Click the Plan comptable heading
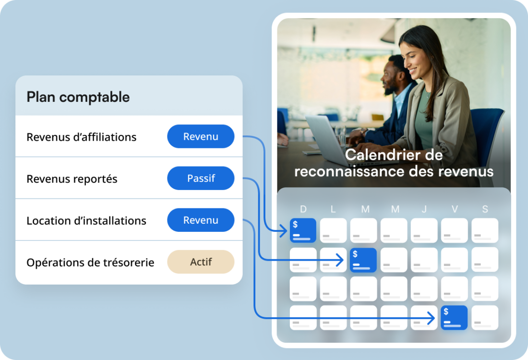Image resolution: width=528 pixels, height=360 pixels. point(78,97)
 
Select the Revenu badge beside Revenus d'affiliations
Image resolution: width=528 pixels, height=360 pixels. point(201,137)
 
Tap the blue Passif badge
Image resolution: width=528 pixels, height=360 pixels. point(201,179)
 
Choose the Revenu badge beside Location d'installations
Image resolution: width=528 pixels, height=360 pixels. point(201,220)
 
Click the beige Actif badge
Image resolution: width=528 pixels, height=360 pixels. point(201,262)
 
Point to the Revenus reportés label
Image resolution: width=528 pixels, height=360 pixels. point(72,179)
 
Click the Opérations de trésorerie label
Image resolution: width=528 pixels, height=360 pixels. point(90,263)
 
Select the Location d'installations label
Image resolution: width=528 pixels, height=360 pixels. point(86,221)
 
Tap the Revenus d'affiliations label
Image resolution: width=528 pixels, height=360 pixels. point(82,137)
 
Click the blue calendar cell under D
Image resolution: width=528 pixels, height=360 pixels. point(303,230)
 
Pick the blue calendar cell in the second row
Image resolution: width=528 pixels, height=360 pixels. point(363,260)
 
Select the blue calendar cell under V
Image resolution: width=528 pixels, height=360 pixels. point(454,318)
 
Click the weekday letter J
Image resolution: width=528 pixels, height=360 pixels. point(424,209)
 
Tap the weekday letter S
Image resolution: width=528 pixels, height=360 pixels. point(485,209)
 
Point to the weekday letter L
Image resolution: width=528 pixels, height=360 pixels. point(333,209)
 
